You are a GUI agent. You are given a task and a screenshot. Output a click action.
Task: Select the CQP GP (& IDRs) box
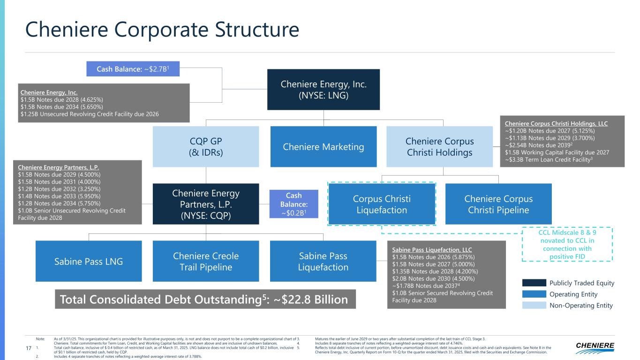pos(206,147)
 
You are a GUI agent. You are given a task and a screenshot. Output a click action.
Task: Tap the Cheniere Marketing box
pos(323,147)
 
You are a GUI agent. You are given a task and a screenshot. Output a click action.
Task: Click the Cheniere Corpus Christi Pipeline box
pos(498,204)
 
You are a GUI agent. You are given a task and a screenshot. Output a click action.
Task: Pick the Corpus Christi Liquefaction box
pos(382,204)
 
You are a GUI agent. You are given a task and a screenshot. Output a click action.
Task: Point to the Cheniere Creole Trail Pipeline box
pos(206,261)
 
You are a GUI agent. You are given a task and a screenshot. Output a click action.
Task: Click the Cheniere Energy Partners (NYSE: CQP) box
pos(206,204)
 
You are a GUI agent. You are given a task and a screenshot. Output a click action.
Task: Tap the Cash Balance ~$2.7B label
pos(133,69)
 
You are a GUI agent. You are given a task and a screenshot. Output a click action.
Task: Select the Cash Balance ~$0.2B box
pos(294,204)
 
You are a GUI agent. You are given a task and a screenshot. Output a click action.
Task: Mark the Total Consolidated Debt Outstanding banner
pos(205,299)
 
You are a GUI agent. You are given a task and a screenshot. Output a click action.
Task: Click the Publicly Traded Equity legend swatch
pos(534,283)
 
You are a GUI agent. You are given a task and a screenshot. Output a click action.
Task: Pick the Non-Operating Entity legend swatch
pos(534,306)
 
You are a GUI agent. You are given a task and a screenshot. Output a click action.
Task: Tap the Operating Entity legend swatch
pos(534,294)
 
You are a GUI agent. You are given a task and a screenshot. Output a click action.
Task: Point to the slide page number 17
pos(29,348)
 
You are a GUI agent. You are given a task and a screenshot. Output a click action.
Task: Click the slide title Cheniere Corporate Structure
pos(162,30)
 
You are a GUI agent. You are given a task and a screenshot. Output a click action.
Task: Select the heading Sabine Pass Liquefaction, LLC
pos(432,250)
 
